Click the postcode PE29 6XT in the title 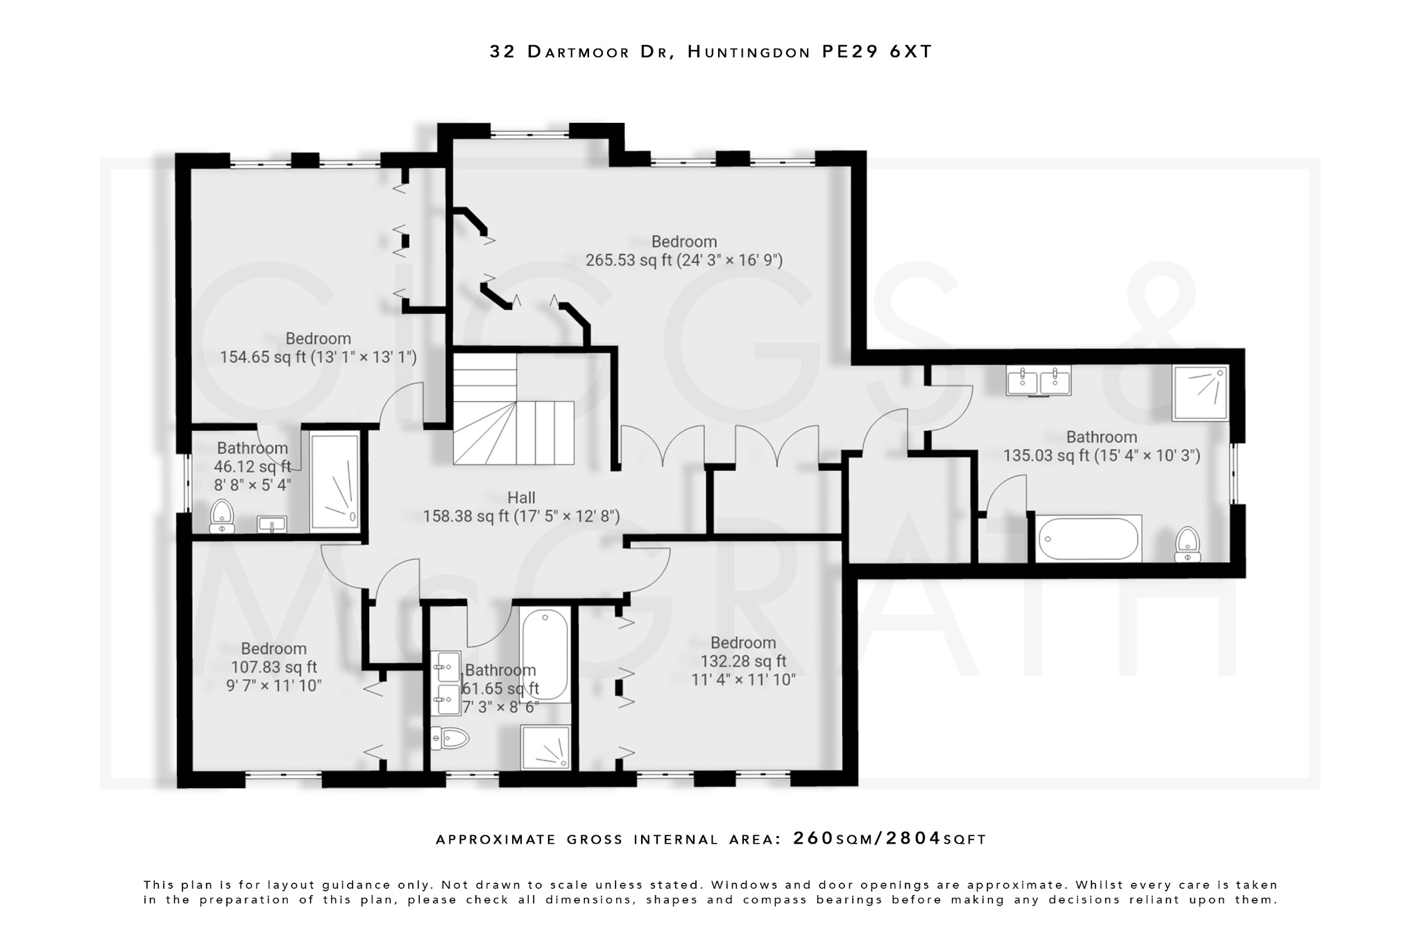877,52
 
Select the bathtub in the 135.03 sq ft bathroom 1088,538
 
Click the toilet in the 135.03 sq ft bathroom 1188,543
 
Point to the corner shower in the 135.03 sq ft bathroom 1200,393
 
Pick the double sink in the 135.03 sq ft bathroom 1039,380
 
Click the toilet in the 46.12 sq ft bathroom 222,516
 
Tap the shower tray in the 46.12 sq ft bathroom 335,481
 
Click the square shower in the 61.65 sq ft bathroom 546,748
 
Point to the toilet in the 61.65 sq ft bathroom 450,737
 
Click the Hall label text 521,497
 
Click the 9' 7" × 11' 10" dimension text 273,685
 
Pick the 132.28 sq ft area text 743,660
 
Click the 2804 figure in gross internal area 913,838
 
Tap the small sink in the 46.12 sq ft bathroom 271,524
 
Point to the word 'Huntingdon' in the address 749,52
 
